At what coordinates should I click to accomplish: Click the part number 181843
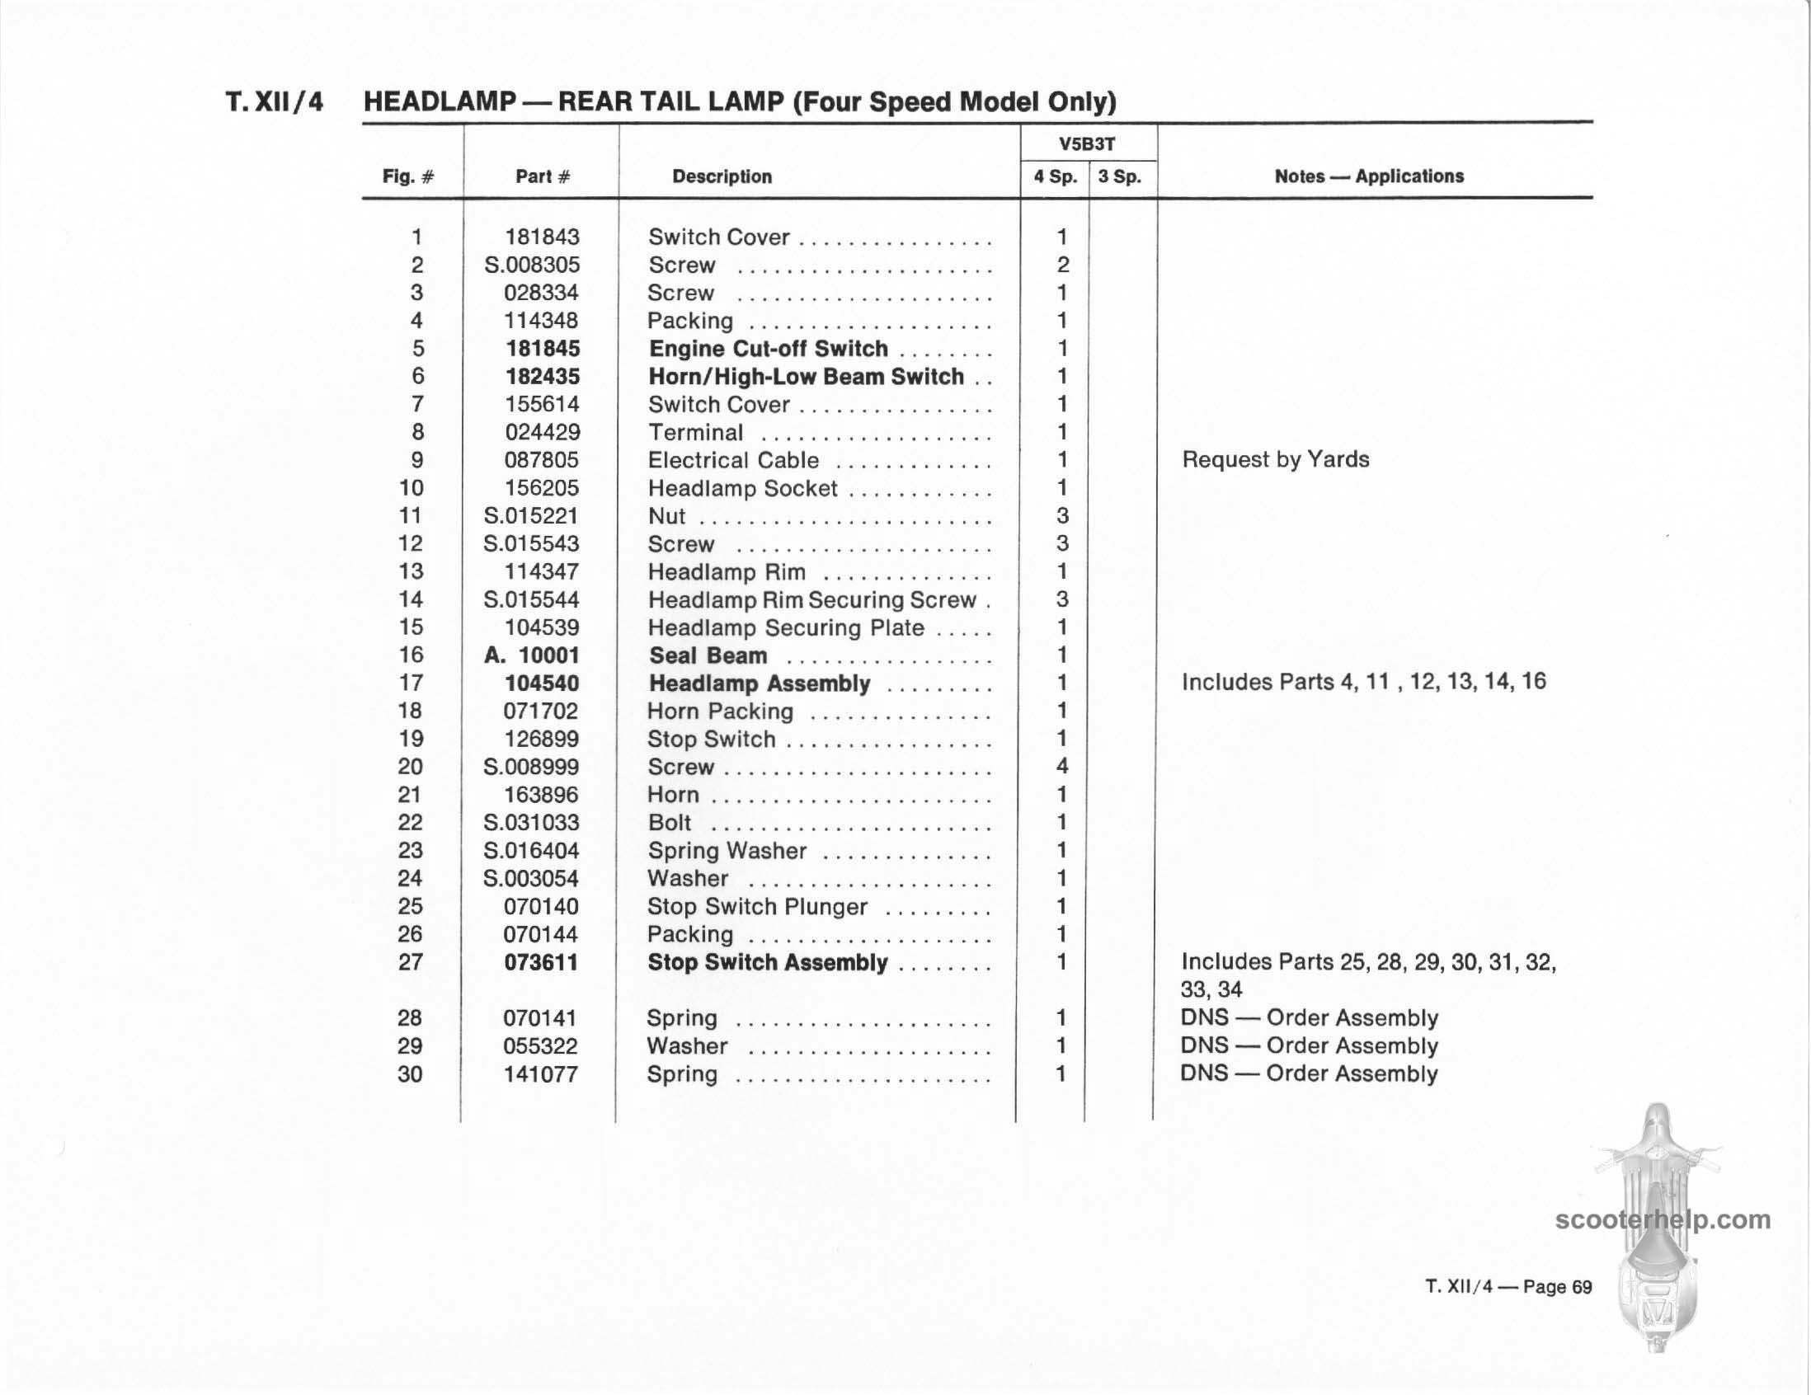[x=542, y=237]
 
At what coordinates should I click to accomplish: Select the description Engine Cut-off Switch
[x=768, y=349]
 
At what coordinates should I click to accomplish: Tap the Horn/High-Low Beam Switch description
[x=806, y=377]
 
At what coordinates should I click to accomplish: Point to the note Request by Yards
[x=1275, y=459]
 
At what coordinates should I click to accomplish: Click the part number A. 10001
[x=532, y=655]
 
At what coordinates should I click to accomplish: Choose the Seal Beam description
[x=708, y=655]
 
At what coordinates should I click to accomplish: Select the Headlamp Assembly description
[x=759, y=683]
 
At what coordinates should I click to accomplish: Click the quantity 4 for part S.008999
[x=1061, y=766]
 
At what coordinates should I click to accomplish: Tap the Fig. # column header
[x=408, y=176]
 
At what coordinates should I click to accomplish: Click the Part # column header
[x=543, y=176]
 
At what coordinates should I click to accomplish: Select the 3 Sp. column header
[x=1119, y=176]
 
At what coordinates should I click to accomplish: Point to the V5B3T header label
[x=1087, y=144]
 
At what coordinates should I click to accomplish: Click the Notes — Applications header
[x=1368, y=176]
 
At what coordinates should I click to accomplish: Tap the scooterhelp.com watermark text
[x=1663, y=1219]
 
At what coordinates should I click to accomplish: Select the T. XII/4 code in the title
[x=275, y=102]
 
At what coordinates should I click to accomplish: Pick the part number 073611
[x=541, y=962]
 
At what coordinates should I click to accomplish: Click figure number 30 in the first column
[x=410, y=1074]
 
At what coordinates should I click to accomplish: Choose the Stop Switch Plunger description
[x=757, y=907]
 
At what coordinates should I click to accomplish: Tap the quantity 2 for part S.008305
[x=1062, y=265]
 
